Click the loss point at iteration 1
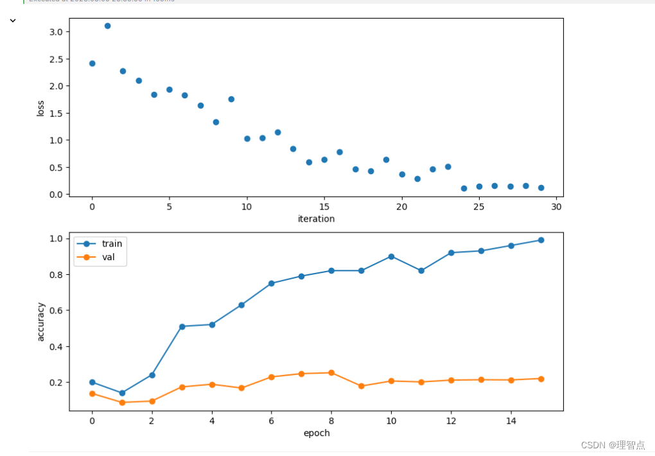[107, 26]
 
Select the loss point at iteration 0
[92, 63]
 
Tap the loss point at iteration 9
[231, 99]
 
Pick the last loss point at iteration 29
[541, 188]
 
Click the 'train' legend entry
[111, 243]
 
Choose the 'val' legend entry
[109, 257]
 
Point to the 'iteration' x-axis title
[316, 219]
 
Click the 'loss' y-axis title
[41, 108]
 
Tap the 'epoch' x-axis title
[316, 433]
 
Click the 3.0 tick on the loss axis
[56, 32]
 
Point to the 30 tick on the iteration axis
[556, 207]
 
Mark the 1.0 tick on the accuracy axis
[56, 239]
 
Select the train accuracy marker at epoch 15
[541, 240]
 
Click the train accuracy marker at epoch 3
[182, 326]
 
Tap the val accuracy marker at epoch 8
[331, 373]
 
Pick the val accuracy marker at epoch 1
[122, 402]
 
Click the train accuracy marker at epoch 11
[421, 270]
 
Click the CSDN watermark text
[613, 444]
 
